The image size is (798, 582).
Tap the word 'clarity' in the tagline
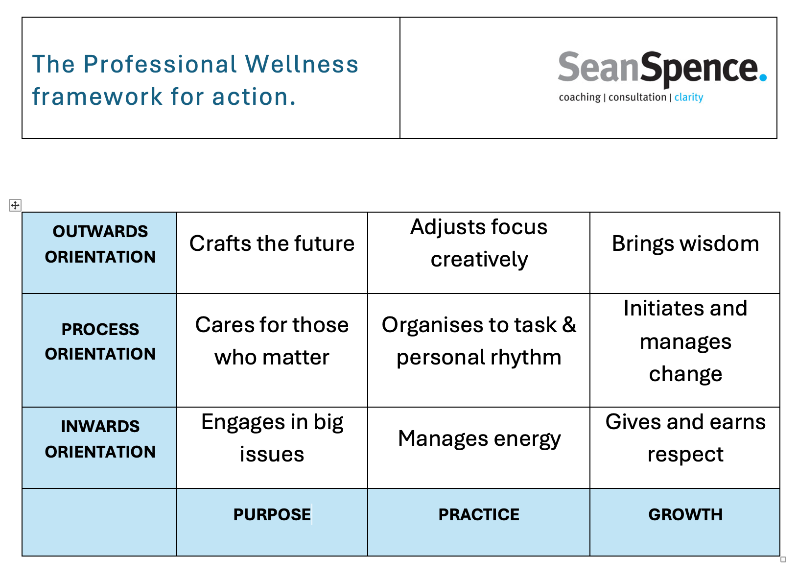(x=689, y=97)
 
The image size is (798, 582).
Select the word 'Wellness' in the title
(x=302, y=64)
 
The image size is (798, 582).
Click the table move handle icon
(x=15, y=205)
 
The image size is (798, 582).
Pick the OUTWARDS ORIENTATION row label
(x=100, y=244)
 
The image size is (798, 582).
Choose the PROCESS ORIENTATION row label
(x=100, y=341)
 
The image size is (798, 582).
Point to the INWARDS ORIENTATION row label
(x=100, y=439)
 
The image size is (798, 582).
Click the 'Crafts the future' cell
(x=272, y=243)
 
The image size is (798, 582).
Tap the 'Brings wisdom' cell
(x=685, y=243)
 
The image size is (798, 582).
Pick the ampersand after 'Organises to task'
(x=569, y=325)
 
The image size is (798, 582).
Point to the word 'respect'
(x=685, y=455)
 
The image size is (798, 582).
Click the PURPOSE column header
(x=272, y=515)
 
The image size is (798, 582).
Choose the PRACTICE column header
(x=479, y=515)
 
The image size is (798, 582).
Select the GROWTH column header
(x=685, y=515)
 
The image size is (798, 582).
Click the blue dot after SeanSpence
(x=763, y=77)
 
